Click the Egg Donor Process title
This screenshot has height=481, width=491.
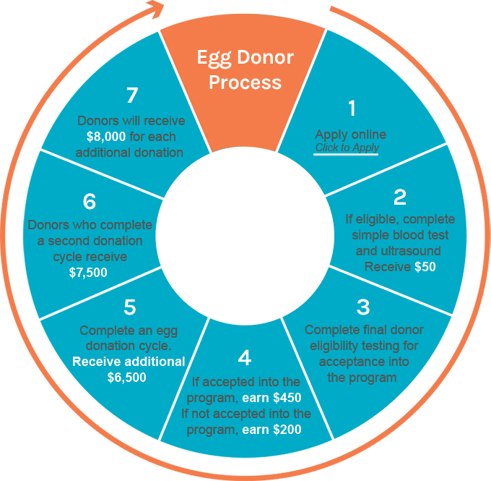pyautogui.click(x=245, y=69)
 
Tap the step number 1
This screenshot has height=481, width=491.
pyautogui.click(x=352, y=108)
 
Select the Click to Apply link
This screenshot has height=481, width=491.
pyautogui.click(x=347, y=148)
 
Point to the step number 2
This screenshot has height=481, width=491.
pyautogui.click(x=400, y=196)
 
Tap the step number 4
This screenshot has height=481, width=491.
pyautogui.click(x=245, y=357)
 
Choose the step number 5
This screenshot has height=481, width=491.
pyautogui.click(x=129, y=307)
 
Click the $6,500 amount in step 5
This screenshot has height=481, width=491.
pyautogui.click(x=126, y=377)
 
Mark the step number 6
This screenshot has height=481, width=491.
pyautogui.click(x=90, y=201)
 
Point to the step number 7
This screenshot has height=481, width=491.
pyautogui.click(x=131, y=95)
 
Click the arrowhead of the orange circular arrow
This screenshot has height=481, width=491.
pyautogui.click(x=155, y=10)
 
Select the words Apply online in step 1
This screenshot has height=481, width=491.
pyautogui.click(x=350, y=135)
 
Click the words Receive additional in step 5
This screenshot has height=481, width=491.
pyautogui.click(x=129, y=362)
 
